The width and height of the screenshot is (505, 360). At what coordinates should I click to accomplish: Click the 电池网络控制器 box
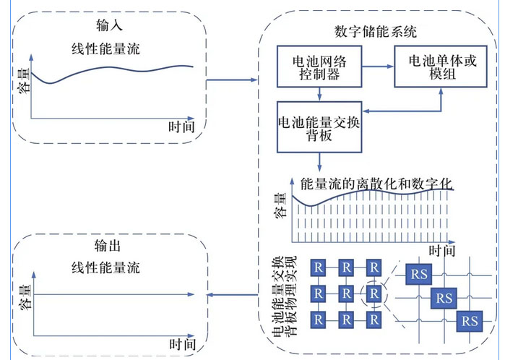[319, 68]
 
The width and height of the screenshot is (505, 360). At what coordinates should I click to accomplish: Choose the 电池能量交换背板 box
[319, 127]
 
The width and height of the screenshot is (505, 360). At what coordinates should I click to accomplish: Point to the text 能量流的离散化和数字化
[376, 183]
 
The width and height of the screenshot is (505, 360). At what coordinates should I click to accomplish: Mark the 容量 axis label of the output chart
[23, 293]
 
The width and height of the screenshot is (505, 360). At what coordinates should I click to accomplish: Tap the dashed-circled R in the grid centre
[374, 293]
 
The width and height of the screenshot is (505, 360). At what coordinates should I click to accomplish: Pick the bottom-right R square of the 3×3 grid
[374, 319]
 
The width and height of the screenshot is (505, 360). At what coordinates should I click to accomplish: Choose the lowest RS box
[470, 320]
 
